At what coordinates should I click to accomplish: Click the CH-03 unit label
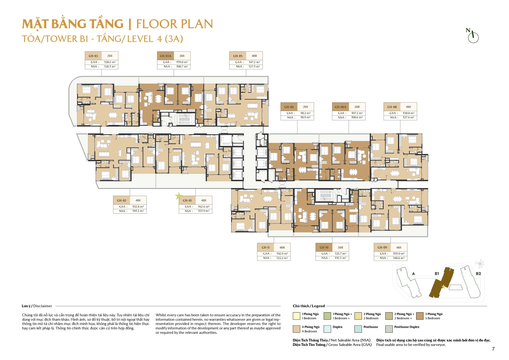pos(93,56)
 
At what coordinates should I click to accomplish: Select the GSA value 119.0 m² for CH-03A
pos(182,62)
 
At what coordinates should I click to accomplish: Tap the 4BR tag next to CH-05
pos(254,56)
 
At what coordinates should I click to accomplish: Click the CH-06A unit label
pos(340,107)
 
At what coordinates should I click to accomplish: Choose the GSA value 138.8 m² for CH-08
pos(409,113)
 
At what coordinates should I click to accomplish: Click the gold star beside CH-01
pos(178,196)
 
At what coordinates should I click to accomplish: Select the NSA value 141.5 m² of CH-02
pos(138,211)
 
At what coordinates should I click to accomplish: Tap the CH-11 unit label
pos(266,248)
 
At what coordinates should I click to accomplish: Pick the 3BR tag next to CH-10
pos(340,248)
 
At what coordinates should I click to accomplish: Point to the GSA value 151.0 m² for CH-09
pos(399,254)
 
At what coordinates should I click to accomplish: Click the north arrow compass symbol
pos(473,36)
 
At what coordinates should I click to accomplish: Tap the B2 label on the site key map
pos(478,273)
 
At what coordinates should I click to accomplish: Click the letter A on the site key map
pos(413,273)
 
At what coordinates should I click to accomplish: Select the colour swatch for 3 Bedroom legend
pos(420,316)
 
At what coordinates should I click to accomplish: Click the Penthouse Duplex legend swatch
pos(389,329)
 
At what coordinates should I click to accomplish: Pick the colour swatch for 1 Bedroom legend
pos(296,316)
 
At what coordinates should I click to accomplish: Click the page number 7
pos(493,349)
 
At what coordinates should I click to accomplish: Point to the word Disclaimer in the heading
pos(43,306)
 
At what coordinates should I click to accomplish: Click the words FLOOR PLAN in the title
pos(174,24)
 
